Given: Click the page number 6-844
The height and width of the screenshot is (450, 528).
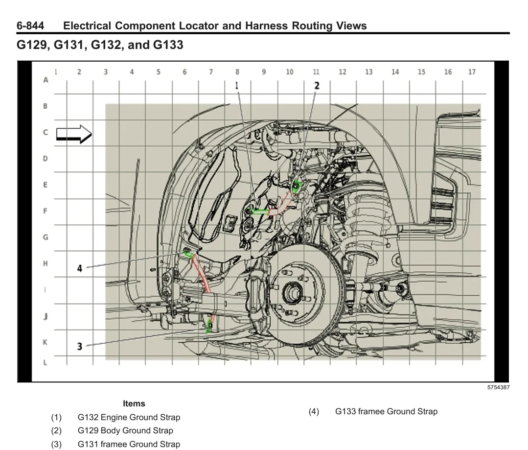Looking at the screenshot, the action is pyautogui.click(x=30, y=26).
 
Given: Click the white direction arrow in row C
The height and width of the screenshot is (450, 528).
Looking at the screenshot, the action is pyautogui.click(x=74, y=134).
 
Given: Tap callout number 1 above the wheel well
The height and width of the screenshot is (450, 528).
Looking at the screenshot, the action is pyautogui.click(x=237, y=86).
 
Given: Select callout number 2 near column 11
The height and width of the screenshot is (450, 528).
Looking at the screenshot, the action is pyautogui.click(x=317, y=86).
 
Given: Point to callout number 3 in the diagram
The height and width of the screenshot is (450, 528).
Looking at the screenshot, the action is pyautogui.click(x=79, y=346).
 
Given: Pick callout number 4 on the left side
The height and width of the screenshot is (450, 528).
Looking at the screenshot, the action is pyautogui.click(x=79, y=268).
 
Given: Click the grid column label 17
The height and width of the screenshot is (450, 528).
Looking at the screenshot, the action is pyautogui.click(x=472, y=72).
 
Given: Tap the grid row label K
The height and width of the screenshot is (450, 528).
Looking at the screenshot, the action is pyautogui.click(x=45, y=342).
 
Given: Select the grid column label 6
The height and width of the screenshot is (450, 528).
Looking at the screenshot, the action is pyautogui.click(x=184, y=72).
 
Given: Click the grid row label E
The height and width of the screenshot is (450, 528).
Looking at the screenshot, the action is pyautogui.click(x=45, y=185).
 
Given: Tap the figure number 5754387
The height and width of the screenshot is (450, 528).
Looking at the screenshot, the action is pyautogui.click(x=498, y=387).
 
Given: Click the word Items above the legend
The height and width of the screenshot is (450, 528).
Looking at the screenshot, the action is pyautogui.click(x=134, y=403).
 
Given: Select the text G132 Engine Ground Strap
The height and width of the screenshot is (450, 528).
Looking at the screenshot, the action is pyautogui.click(x=129, y=417).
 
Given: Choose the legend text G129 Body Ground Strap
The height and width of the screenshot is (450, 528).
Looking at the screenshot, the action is pyautogui.click(x=125, y=430).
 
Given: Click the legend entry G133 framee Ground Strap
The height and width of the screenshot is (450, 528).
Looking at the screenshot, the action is pyautogui.click(x=386, y=411).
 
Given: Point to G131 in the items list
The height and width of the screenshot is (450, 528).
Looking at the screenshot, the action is pyautogui.click(x=88, y=444).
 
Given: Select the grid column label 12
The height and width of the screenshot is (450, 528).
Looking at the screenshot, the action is pyautogui.click(x=343, y=72).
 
